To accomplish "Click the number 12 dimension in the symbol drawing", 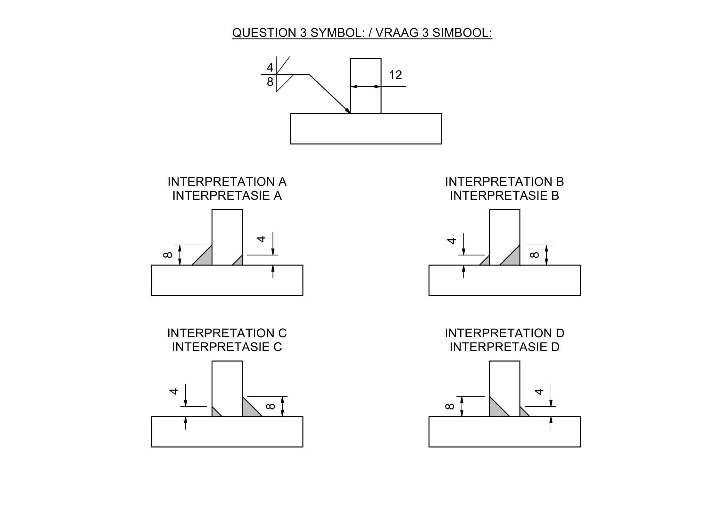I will [x=395, y=75].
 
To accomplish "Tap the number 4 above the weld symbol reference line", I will [x=270, y=67].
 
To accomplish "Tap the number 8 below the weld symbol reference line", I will [x=270, y=82].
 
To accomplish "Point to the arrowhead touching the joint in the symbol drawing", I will [x=348, y=111].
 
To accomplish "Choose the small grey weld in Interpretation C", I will [x=215, y=413].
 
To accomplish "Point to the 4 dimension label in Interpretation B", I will [x=452, y=240].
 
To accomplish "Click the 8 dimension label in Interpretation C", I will [x=271, y=406].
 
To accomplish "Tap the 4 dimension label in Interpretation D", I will [x=539, y=391].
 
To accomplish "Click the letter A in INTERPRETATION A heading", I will [x=282, y=182].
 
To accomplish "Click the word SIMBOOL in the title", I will [x=462, y=33].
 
